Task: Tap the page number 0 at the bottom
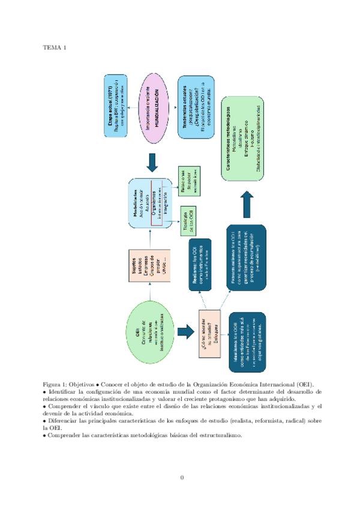point(182,478)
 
